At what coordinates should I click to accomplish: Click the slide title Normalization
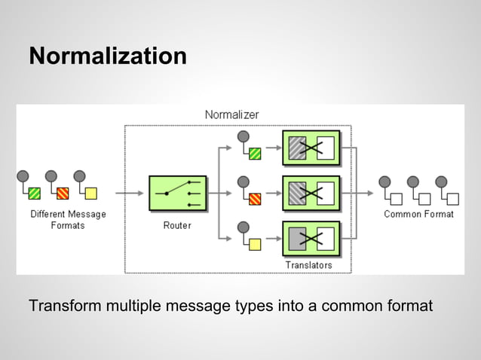point(108,56)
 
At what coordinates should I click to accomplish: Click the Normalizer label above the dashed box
point(231,114)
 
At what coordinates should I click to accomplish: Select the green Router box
point(177,194)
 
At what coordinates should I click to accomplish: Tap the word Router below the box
point(177,225)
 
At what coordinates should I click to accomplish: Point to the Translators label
point(308,265)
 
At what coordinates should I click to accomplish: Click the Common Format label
point(418,214)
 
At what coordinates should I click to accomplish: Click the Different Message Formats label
point(68,219)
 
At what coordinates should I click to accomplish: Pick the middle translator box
point(311,194)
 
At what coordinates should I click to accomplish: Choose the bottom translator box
point(311,239)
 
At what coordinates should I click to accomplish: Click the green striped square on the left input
point(35,194)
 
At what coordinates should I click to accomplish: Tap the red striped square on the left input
point(63,194)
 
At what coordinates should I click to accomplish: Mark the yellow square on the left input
point(91,194)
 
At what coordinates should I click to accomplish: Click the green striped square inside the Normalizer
point(255,154)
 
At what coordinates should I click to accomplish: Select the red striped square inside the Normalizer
point(255,199)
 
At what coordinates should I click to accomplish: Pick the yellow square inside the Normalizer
point(255,244)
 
